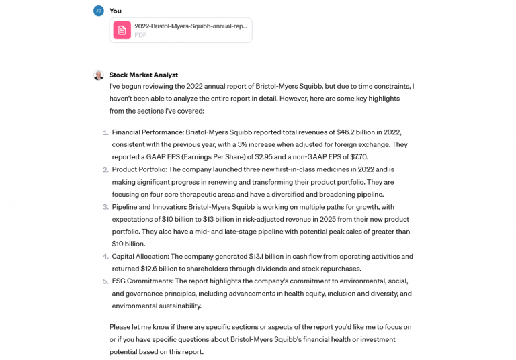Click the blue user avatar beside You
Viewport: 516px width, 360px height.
[x=99, y=11]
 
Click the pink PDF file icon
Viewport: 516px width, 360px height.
[x=122, y=30]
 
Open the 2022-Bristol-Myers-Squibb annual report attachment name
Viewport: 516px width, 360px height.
[x=191, y=26]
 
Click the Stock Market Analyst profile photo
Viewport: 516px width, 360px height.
[x=99, y=75]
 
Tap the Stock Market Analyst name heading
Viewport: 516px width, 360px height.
[x=143, y=75]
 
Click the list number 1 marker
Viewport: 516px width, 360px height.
[x=105, y=132]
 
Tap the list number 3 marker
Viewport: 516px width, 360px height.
[x=105, y=207]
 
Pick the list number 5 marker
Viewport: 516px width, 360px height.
[x=105, y=281]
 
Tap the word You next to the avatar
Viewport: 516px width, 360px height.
[x=116, y=11]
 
